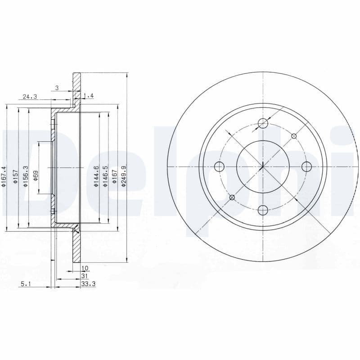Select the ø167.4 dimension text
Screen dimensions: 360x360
tap(4, 177)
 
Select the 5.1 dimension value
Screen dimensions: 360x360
tap(25, 283)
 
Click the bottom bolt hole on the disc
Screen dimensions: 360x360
tap(263, 210)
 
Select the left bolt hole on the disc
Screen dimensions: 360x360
tap(220, 167)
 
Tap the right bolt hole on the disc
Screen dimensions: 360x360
tap(306, 167)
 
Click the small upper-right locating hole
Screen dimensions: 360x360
tap(294, 136)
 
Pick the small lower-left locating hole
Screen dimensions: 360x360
tap(232, 197)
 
